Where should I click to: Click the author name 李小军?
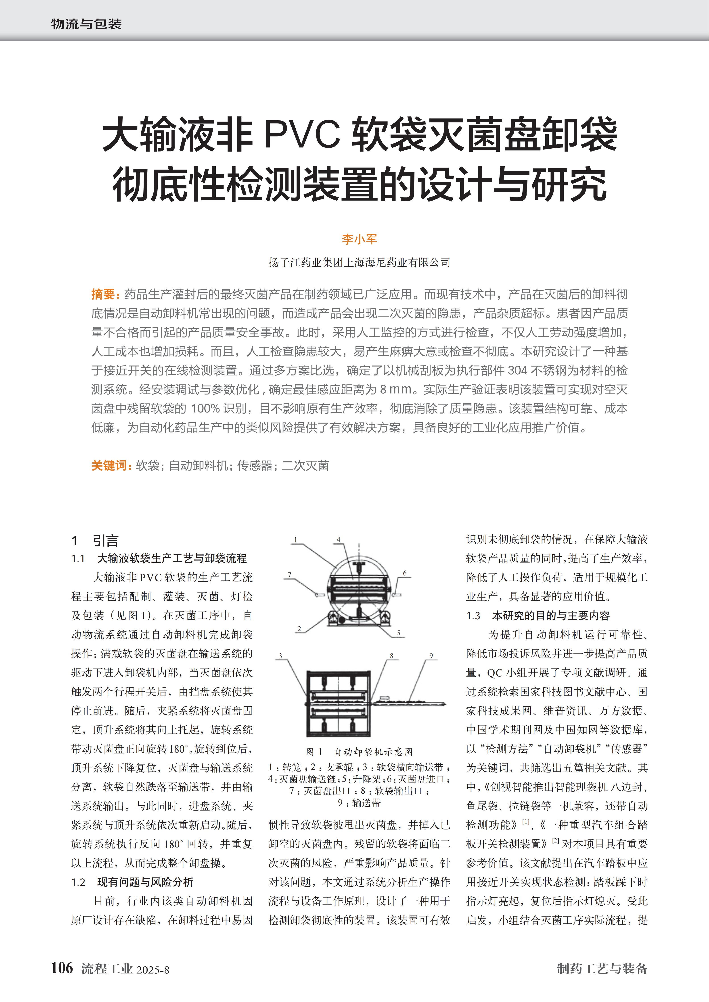pyautogui.click(x=359, y=239)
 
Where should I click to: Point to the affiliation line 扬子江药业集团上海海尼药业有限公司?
pyautogui.click(x=359, y=262)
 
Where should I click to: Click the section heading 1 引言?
pyautogui.click(x=95, y=541)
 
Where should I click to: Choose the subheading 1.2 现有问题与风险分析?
pyautogui.click(x=132, y=882)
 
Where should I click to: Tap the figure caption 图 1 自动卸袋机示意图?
pyautogui.click(x=359, y=751)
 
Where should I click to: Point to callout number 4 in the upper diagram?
pyautogui.click(x=339, y=539)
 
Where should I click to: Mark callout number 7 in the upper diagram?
pyautogui.click(x=289, y=575)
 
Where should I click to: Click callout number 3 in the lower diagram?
pyautogui.click(x=280, y=656)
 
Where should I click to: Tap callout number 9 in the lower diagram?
pyautogui.click(x=431, y=656)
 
